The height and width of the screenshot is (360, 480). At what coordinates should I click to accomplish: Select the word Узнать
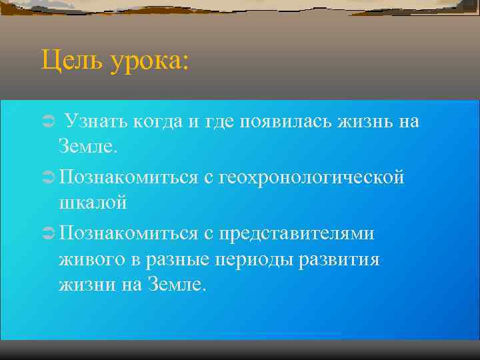96,121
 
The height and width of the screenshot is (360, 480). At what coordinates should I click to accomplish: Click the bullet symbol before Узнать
47,121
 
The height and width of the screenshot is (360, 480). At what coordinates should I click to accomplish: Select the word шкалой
93,203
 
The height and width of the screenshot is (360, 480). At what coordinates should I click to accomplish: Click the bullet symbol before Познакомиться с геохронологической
47,177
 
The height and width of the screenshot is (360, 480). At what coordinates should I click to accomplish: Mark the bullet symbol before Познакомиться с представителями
47,233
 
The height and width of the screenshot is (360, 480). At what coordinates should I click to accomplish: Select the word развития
343,259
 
